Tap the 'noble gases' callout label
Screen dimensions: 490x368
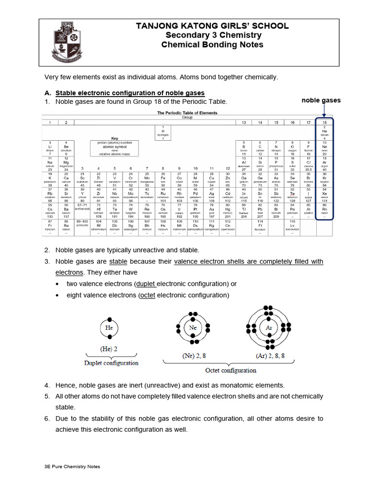pyautogui.click(x=321, y=100)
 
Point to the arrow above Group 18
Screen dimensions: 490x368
pyautogui.click(x=324, y=111)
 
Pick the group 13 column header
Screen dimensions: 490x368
pyautogui.click(x=243, y=122)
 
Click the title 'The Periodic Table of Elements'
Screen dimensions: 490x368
pyautogui.click(x=187, y=113)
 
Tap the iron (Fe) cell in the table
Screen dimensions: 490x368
pyautogui.click(x=162, y=178)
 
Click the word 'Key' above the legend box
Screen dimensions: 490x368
pyautogui.click(x=115, y=138)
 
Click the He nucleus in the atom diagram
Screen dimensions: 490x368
pyautogui.click(x=109, y=328)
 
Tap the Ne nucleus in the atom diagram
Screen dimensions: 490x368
pyautogui.click(x=193, y=328)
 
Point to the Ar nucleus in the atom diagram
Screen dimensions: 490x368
pyautogui.click(x=268, y=328)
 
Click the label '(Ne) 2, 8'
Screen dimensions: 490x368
pyautogui.click(x=194, y=356)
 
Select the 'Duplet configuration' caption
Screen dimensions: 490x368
pyautogui.click(x=111, y=363)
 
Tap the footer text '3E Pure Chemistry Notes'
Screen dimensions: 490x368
pyautogui.click(x=72, y=467)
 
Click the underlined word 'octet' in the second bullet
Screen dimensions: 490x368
pyautogui.click(x=147, y=295)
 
